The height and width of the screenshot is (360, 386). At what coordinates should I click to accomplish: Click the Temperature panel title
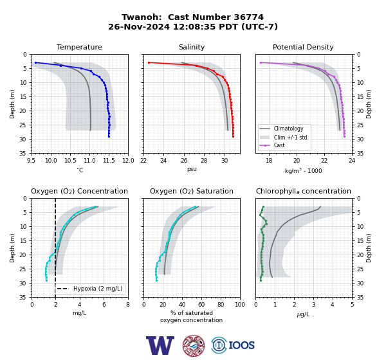(79, 47)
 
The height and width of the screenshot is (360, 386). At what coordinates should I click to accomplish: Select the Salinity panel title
(192, 47)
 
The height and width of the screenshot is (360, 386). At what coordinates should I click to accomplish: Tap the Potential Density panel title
(303, 47)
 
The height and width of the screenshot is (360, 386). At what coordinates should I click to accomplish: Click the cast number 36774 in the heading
(248, 17)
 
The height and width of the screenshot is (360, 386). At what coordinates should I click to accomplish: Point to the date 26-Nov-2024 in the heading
(139, 26)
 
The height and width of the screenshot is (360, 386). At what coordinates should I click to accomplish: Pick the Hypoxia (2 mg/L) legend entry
(89, 289)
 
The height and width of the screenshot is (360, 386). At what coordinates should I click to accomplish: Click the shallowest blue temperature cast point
(35, 63)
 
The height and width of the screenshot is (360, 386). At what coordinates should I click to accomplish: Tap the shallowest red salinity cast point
(149, 63)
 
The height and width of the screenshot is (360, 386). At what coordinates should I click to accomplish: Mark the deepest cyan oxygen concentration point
(46, 280)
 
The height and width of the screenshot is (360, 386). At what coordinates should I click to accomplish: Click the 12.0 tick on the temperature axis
(128, 161)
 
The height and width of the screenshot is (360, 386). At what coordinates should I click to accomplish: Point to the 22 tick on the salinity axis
(143, 161)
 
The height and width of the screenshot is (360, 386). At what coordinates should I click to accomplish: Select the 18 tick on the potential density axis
(269, 161)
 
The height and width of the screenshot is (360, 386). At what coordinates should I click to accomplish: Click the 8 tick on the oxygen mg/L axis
(128, 305)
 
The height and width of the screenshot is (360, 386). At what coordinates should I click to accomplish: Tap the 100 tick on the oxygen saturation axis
(240, 305)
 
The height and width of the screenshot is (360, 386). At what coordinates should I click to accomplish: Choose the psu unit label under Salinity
(192, 169)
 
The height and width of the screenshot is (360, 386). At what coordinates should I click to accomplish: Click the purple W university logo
(160, 345)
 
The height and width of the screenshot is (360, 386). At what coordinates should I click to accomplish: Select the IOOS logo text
(241, 345)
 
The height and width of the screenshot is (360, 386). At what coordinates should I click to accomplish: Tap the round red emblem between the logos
(194, 345)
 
